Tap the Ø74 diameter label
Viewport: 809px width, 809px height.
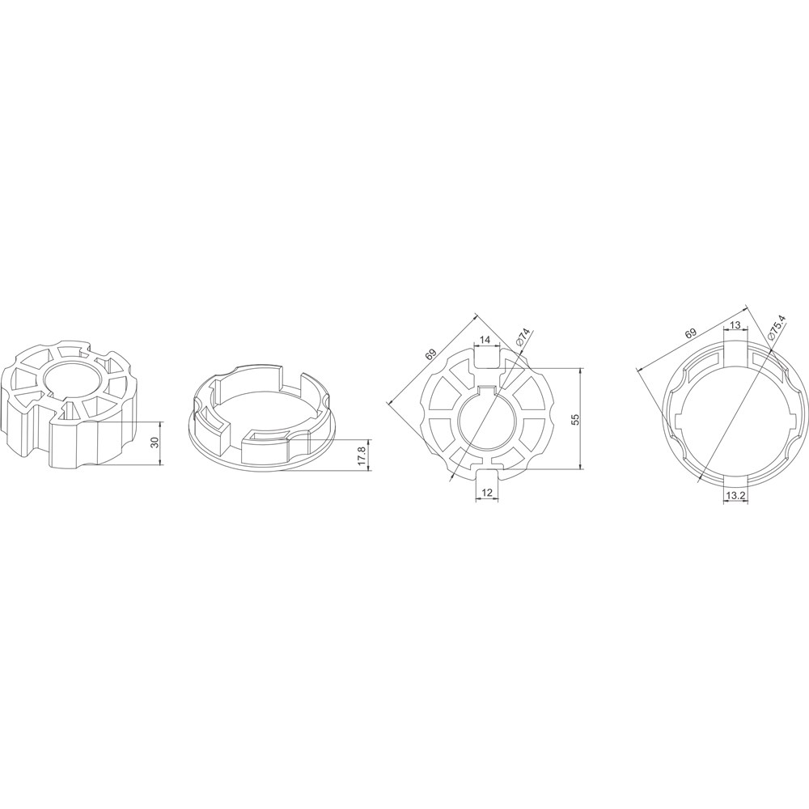(x=523, y=337)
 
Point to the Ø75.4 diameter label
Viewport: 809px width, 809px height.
(x=776, y=327)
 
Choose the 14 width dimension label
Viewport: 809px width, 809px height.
(x=485, y=340)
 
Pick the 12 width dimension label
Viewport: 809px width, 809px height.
(x=486, y=492)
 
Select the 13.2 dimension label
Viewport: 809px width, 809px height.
(x=735, y=496)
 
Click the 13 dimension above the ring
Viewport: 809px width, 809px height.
(x=735, y=325)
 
